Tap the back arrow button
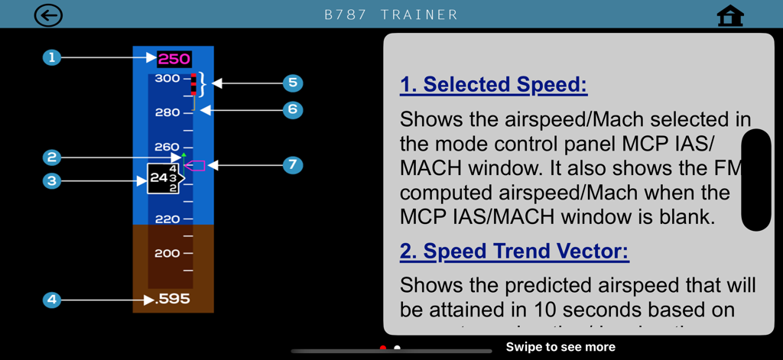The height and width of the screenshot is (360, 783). (48, 15)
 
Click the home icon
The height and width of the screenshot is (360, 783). (730, 16)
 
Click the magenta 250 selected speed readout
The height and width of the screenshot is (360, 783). (174, 59)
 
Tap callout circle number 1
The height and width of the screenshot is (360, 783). (52, 57)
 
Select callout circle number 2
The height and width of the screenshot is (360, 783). (52, 157)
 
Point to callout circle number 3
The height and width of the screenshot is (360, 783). (52, 181)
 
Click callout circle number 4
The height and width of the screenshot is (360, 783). (52, 300)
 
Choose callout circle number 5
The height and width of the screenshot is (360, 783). (292, 83)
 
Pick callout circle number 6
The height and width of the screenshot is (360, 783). (292, 110)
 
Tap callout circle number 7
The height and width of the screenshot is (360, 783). (292, 165)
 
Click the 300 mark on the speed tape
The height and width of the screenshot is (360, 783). (167, 78)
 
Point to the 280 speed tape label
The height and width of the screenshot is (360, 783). (167, 112)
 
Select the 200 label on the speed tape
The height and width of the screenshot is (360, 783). (167, 253)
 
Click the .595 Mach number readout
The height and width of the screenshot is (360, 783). (172, 299)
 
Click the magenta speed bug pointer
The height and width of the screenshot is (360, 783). (195, 165)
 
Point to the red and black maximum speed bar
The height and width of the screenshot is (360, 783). (194, 84)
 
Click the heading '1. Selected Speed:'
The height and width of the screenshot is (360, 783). (493, 84)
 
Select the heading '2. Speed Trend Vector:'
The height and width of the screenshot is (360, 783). (514, 251)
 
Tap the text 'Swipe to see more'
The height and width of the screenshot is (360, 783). (560, 347)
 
